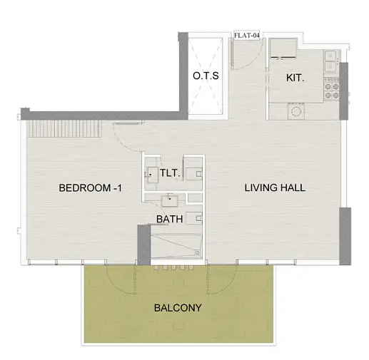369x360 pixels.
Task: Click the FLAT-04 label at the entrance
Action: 246,36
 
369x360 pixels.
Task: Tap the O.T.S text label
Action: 206,76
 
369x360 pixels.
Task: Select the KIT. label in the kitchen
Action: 295,78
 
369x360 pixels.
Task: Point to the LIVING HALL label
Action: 275,187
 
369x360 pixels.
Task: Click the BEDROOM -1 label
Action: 90,188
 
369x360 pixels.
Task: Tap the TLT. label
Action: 169,173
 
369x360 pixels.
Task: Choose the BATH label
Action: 170,219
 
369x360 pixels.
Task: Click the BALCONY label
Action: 178,308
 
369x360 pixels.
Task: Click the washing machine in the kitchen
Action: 296,111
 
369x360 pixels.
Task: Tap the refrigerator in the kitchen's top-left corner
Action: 283,48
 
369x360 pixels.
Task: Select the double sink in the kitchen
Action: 332,61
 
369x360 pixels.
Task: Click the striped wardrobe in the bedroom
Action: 64,128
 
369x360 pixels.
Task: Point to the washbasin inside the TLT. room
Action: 152,175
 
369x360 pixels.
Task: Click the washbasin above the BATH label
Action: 170,201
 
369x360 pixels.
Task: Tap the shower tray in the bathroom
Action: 176,246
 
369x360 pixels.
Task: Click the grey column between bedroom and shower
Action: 144,245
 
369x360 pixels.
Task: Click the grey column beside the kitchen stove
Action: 343,91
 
